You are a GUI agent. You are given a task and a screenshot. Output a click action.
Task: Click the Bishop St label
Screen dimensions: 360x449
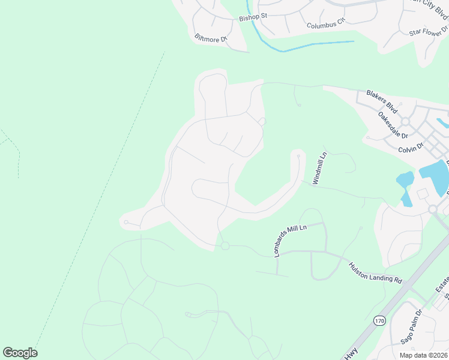pyautogui.click(x=253, y=17)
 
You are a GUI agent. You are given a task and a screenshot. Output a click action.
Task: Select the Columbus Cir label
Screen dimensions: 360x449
pyautogui.click(x=327, y=23)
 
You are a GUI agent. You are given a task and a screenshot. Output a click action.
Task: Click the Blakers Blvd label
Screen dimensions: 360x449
pyautogui.click(x=382, y=101)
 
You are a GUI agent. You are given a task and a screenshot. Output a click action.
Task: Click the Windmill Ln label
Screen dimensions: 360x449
pyautogui.click(x=319, y=169)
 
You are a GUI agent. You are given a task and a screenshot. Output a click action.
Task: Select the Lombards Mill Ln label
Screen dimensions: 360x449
pyautogui.click(x=290, y=241)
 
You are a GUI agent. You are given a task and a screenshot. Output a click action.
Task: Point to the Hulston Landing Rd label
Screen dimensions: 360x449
pyautogui.click(x=375, y=271)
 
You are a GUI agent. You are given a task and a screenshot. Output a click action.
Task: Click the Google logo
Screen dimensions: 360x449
pyautogui.click(x=20, y=353)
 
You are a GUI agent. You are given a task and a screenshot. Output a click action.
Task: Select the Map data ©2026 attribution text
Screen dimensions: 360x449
pyautogui.click(x=423, y=355)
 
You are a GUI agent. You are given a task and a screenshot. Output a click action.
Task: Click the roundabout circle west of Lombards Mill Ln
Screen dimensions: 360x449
pyautogui.click(x=225, y=246)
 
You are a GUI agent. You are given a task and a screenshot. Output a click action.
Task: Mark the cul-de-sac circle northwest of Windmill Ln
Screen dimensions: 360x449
pyautogui.click(x=298, y=156)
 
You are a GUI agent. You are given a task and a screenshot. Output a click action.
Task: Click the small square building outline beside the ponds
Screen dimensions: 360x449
pyautogui.click(x=422, y=194)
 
